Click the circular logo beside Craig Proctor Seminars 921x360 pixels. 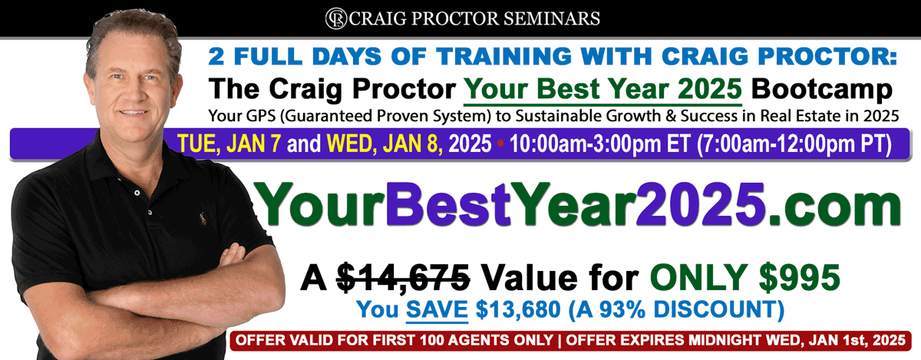(x=336, y=18)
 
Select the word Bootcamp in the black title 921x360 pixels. (x=821, y=89)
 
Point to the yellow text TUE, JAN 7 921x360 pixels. (x=229, y=144)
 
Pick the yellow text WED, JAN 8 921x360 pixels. (x=385, y=144)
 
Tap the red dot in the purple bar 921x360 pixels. (x=500, y=144)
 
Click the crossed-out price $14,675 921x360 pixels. (x=404, y=278)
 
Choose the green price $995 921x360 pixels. (x=799, y=277)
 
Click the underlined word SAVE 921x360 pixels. (x=437, y=309)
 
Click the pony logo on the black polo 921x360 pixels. (x=203, y=218)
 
